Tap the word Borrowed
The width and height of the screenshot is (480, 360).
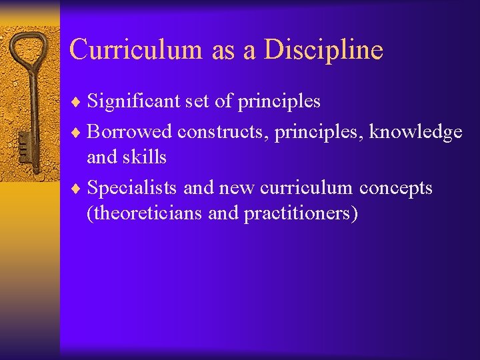[x=129, y=132]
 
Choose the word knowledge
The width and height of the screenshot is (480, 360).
[x=416, y=132]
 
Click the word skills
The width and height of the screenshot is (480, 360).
[x=147, y=157]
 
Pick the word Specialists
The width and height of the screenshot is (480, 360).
[x=132, y=188]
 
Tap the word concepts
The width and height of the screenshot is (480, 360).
[x=396, y=188]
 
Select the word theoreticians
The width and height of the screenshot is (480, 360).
[x=145, y=213]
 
